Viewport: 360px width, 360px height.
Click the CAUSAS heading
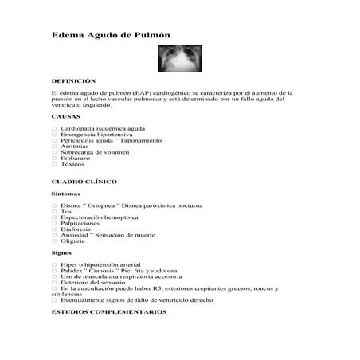click(65, 116)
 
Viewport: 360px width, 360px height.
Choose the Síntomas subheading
click(65, 194)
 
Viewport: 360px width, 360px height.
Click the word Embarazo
click(77, 158)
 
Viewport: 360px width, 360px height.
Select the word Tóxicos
click(75, 164)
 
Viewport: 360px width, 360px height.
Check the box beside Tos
click(53, 211)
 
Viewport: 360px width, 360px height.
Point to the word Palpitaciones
click(85, 223)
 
